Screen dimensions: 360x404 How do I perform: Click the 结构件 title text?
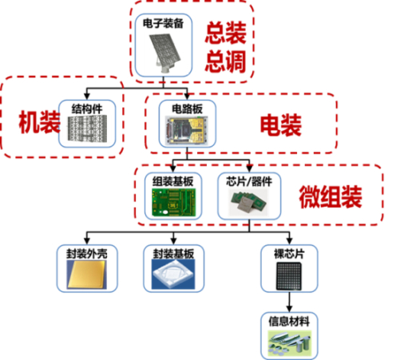click(88, 106)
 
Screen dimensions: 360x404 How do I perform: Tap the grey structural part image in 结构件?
click(88, 130)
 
